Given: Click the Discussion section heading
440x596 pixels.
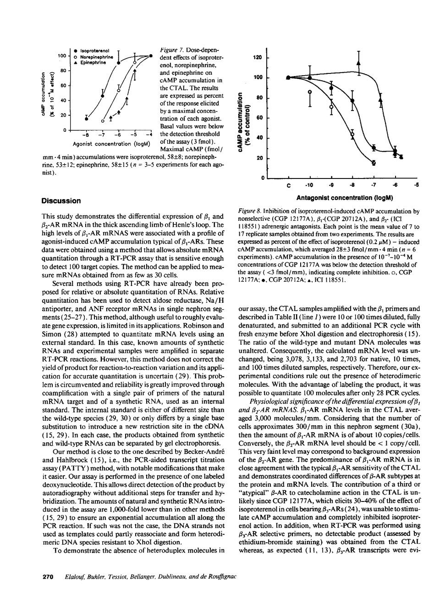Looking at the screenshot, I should pos(61,201).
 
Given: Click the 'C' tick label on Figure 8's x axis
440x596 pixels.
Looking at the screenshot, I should pos(288,185).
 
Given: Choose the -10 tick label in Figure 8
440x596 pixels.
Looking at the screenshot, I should pos(310,185).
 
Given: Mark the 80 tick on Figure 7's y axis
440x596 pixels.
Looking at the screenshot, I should pos(64,71).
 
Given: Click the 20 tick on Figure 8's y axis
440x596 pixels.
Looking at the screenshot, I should pos(259,158).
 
